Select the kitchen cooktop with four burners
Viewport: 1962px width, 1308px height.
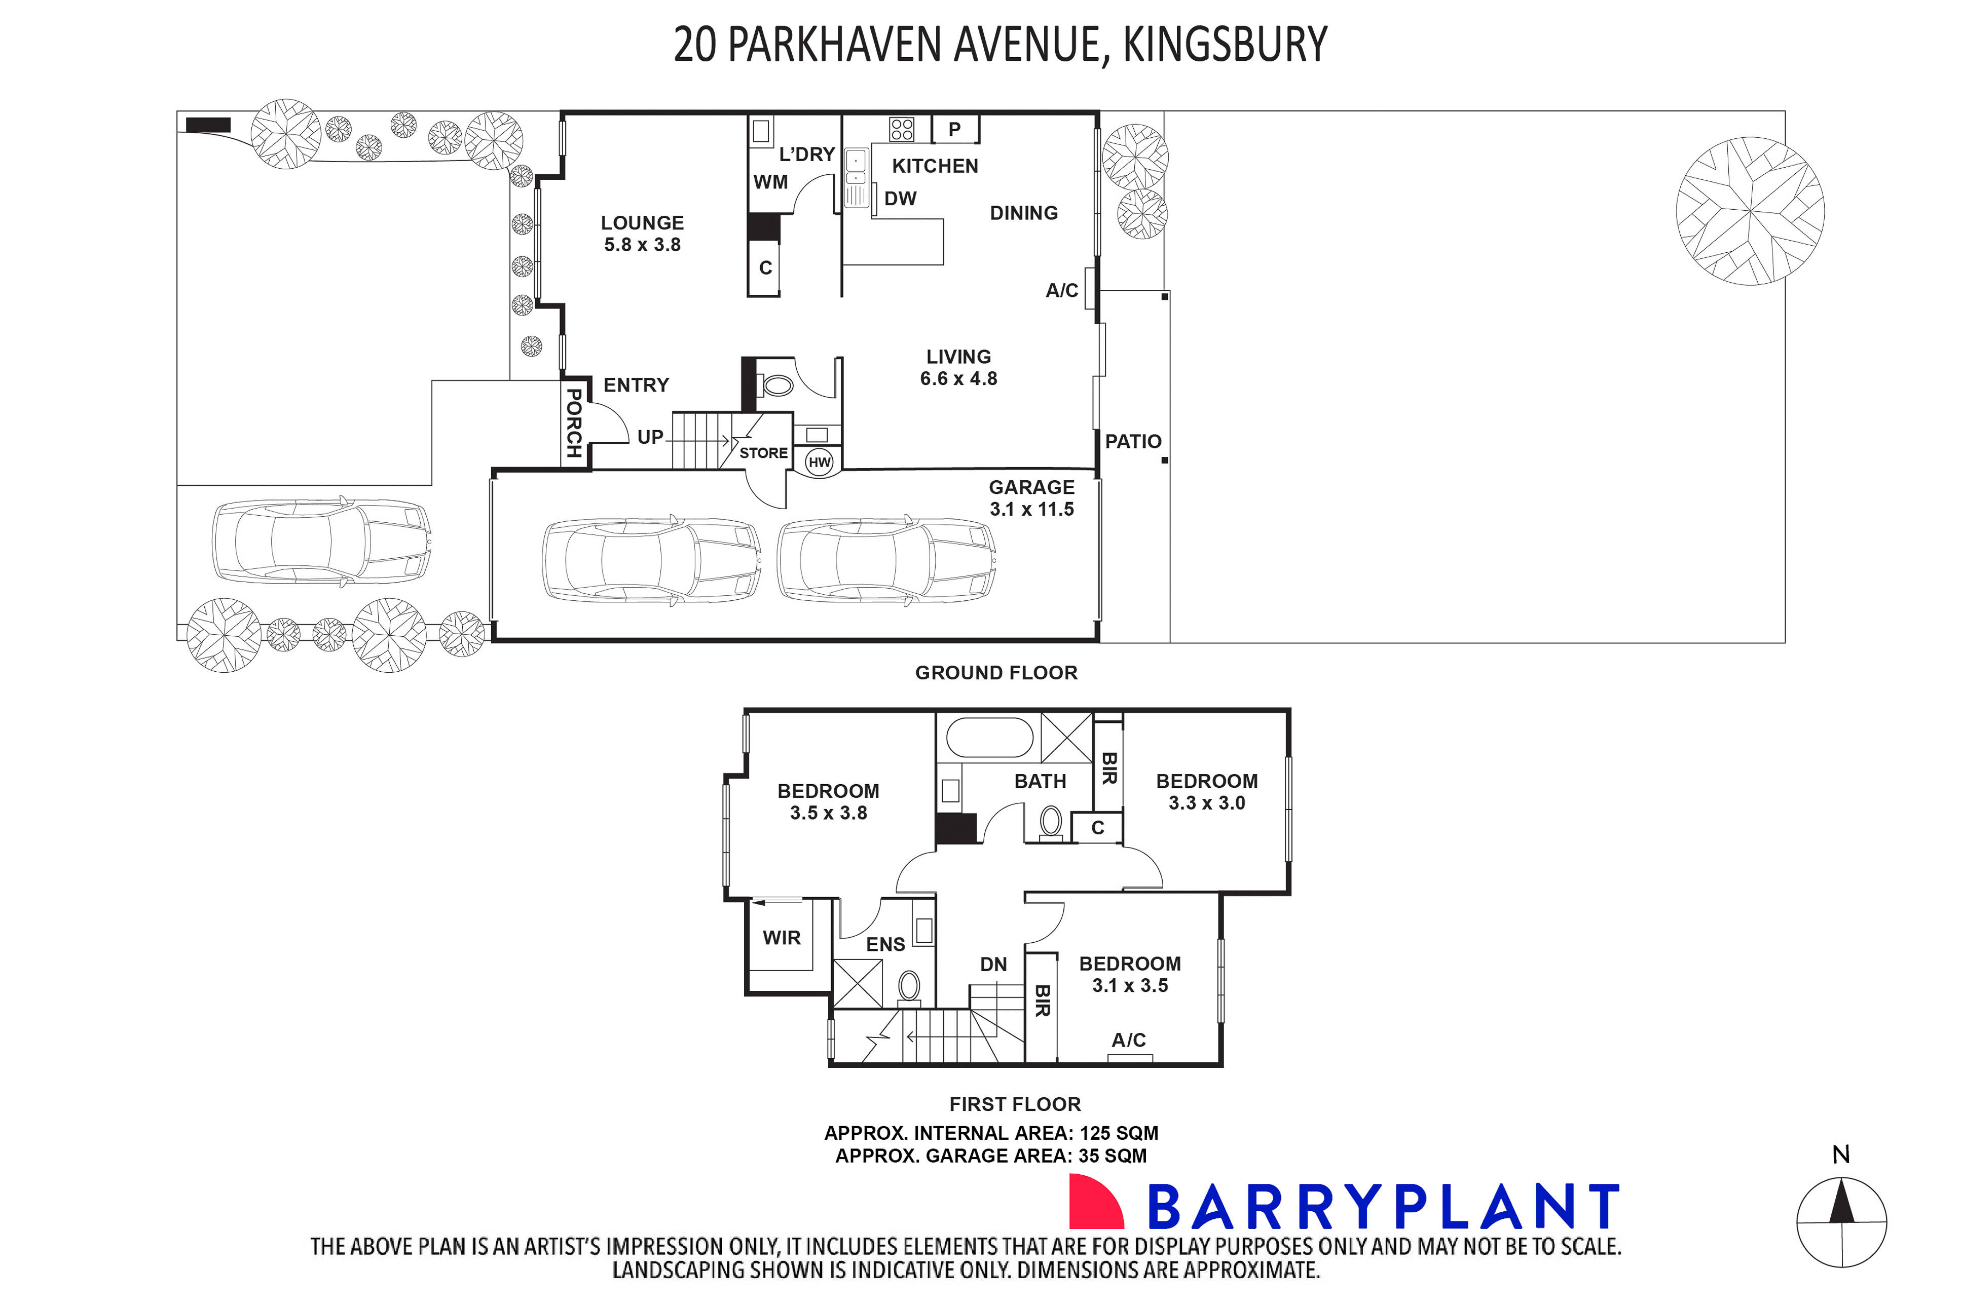click(x=901, y=129)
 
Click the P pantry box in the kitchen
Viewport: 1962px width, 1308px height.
click(x=955, y=129)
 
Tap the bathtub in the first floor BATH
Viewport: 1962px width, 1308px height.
click(x=990, y=738)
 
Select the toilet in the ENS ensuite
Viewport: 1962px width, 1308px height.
click(x=909, y=986)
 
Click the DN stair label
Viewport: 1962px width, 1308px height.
click(x=993, y=965)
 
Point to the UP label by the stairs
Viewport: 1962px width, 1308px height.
click(x=650, y=437)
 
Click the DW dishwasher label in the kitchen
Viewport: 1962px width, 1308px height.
click(x=901, y=199)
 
